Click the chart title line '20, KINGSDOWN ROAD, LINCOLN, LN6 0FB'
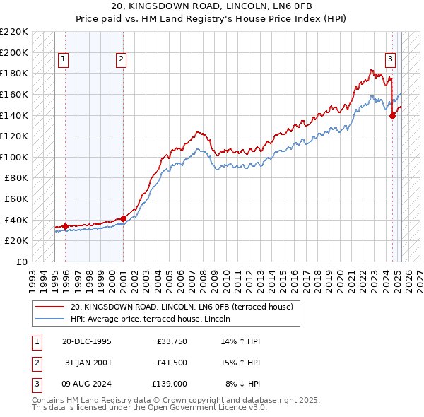(211, 6)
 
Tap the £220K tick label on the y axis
(15, 32)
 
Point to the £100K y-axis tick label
(15, 157)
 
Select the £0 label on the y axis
(22, 262)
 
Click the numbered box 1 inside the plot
(64, 59)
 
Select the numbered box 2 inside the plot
(122, 59)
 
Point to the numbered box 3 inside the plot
(389, 59)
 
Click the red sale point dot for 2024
(392, 117)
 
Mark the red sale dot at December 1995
(66, 226)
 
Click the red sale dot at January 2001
(123, 218)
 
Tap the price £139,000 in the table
(170, 383)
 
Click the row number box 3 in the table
(35, 383)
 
